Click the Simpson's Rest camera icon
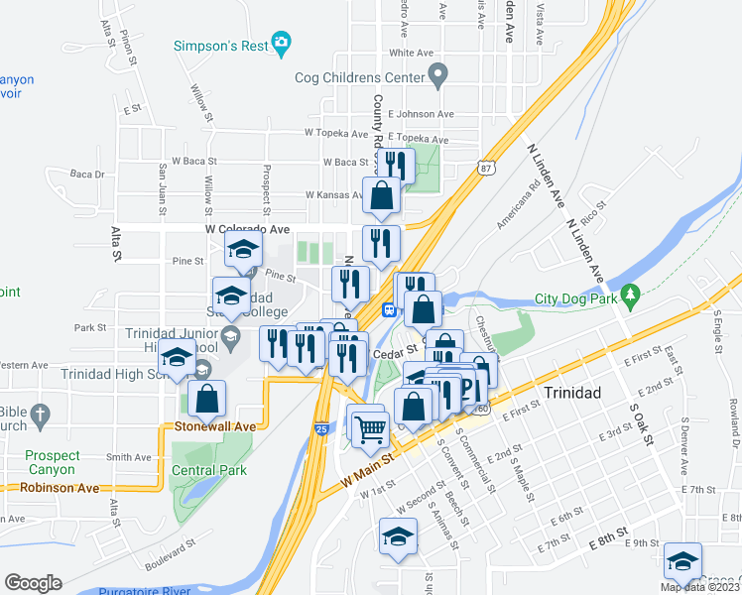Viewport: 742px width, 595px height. (x=283, y=43)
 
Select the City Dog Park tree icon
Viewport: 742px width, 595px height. (x=628, y=295)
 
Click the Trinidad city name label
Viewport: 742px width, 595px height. (x=572, y=393)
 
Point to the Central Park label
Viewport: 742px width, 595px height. (x=209, y=470)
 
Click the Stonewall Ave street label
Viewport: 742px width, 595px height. (x=215, y=425)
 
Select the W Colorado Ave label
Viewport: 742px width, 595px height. (x=247, y=229)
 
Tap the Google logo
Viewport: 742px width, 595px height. (x=33, y=582)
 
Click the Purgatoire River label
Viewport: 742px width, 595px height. (x=148, y=590)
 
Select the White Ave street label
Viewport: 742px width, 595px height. (x=414, y=53)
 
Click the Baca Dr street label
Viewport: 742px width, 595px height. (x=87, y=175)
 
